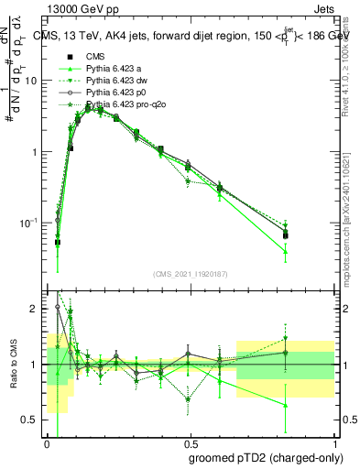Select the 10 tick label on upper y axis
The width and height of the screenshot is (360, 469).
tap(31, 81)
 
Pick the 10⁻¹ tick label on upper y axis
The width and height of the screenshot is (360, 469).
tap(30, 223)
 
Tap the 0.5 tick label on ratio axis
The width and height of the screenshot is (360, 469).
tap(33, 420)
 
